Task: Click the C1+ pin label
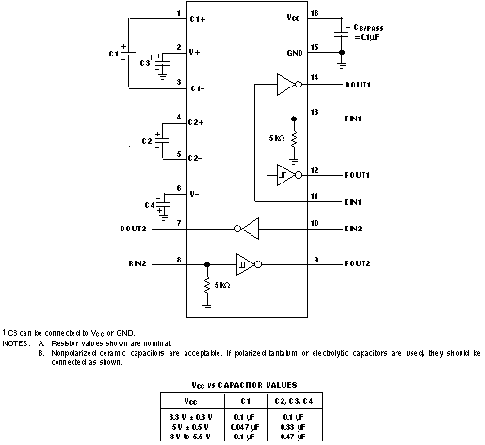199,18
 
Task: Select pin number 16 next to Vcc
315,13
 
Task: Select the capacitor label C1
114,55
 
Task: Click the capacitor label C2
146,140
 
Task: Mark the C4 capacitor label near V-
148,204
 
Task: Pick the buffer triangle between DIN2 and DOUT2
246,228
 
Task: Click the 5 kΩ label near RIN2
221,285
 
